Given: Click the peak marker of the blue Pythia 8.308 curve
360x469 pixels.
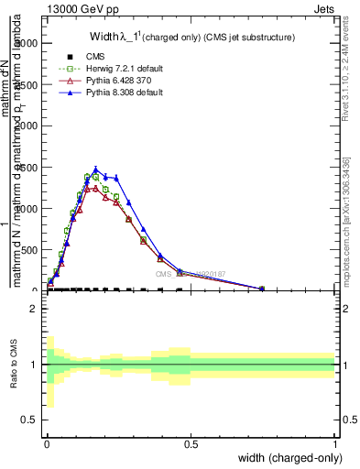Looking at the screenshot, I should tap(95, 169).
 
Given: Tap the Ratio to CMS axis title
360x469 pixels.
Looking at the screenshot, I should tap(13, 365).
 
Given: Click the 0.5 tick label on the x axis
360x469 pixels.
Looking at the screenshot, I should tap(191, 443).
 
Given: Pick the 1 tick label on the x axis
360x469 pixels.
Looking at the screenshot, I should tap(334, 443).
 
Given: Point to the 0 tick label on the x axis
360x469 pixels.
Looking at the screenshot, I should tap(47, 443).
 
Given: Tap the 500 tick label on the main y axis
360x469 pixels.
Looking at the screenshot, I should tap(27, 250).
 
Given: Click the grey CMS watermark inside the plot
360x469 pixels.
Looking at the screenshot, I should tap(192, 273).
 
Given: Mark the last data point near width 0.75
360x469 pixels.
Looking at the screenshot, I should tap(262, 289).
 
